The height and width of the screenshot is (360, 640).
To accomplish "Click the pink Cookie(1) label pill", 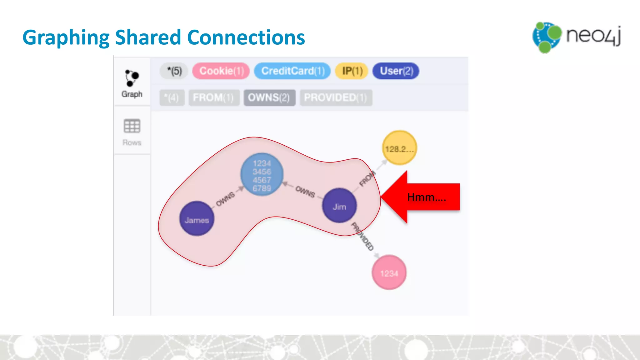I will [221, 71].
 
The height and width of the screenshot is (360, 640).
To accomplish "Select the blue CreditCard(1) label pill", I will [292, 71].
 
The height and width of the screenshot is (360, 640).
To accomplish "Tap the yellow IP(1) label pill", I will [352, 71].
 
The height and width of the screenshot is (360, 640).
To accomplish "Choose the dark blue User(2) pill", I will [396, 71].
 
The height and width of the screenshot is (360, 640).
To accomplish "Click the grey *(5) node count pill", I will [174, 71].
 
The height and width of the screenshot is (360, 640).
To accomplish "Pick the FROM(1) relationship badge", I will [214, 98].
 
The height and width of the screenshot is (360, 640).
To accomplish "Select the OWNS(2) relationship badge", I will [269, 98].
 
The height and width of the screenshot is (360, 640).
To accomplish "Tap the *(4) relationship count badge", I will [172, 98].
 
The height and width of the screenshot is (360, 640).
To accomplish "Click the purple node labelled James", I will [197, 219].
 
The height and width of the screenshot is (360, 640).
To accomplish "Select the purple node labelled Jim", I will [339, 206].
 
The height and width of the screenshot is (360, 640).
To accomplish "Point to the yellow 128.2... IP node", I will [399, 148].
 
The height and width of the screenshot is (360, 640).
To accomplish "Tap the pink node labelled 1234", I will [389, 272].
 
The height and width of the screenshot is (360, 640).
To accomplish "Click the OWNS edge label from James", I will [225, 199].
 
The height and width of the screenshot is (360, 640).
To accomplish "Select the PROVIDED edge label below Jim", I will [362, 237].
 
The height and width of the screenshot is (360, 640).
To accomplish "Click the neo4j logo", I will [577, 37].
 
